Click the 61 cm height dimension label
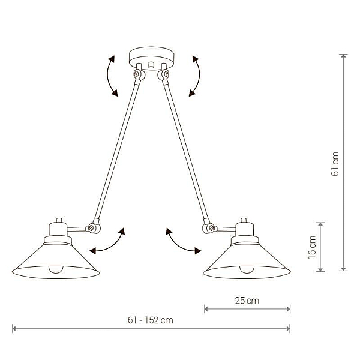point(335,164)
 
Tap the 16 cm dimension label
point(312,247)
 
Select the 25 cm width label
point(247,301)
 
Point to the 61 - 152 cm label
point(151,320)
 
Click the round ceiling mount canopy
point(152,58)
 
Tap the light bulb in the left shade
point(56,269)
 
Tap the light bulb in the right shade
point(247,269)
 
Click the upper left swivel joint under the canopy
point(139,74)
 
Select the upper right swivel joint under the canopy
point(163,74)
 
